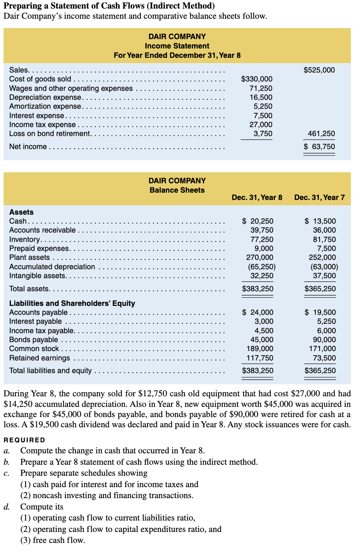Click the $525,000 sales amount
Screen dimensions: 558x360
click(x=319, y=70)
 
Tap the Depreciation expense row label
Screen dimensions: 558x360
click(x=46, y=97)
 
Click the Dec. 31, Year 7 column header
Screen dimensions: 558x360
click(x=319, y=198)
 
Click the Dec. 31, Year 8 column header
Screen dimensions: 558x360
click(x=257, y=198)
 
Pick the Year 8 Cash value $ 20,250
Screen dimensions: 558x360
click(x=258, y=221)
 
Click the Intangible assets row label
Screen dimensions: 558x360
click(x=37, y=276)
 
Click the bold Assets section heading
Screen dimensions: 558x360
click(x=21, y=212)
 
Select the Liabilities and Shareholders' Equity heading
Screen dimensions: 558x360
click(x=72, y=303)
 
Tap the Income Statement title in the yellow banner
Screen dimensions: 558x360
click(x=177, y=46)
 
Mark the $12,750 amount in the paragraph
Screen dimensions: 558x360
click(x=152, y=394)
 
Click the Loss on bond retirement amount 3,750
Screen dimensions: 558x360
click(x=263, y=134)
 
